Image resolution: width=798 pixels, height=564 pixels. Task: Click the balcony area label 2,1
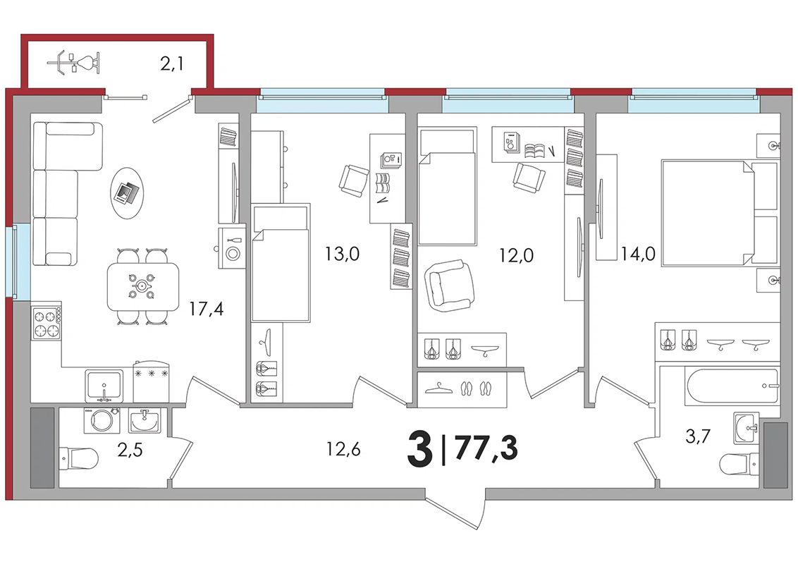(171, 64)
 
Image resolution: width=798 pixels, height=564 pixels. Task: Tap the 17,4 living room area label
(206, 309)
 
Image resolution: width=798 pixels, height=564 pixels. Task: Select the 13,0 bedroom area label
(342, 253)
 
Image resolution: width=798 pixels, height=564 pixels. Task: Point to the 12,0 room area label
(516, 255)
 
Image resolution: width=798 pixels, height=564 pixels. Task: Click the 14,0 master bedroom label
(638, 253)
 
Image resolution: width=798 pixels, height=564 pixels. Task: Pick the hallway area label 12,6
(343, 449)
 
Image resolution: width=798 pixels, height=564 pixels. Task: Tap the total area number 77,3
(486, 448)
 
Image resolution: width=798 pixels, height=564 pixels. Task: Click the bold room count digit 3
(420, 448)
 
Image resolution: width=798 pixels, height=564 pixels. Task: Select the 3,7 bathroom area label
(698, 436)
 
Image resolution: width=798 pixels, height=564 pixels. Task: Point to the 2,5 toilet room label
(130, 450)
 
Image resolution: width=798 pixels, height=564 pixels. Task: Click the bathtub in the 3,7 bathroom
(732, 385)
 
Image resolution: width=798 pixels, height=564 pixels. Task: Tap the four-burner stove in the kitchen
(46, 324)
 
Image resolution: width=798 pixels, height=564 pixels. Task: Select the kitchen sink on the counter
(104, 386)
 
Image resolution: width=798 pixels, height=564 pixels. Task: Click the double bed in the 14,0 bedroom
(720, 212)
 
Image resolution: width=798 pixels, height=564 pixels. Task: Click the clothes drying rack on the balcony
(73, 63)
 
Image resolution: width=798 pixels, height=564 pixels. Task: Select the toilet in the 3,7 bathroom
(741, 464)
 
